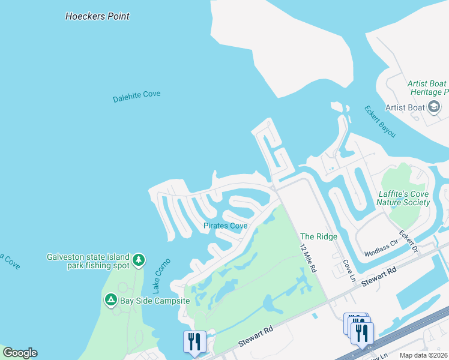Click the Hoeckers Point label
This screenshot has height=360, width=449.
click(97, 16)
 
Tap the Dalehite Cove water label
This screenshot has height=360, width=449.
click(137, 96)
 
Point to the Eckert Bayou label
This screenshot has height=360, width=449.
click(380, 121)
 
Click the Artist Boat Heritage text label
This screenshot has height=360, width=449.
click(427, 88)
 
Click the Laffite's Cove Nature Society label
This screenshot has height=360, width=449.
click(403, 198)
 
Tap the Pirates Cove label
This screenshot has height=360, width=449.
click(226, 226)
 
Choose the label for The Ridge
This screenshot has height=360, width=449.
click(319, 237)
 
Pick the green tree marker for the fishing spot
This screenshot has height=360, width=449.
click(139, 260)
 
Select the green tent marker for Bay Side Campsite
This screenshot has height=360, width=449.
click(110, 299)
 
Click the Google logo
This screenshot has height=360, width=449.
click(19, 353)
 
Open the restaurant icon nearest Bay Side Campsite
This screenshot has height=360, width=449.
click(194, 341)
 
